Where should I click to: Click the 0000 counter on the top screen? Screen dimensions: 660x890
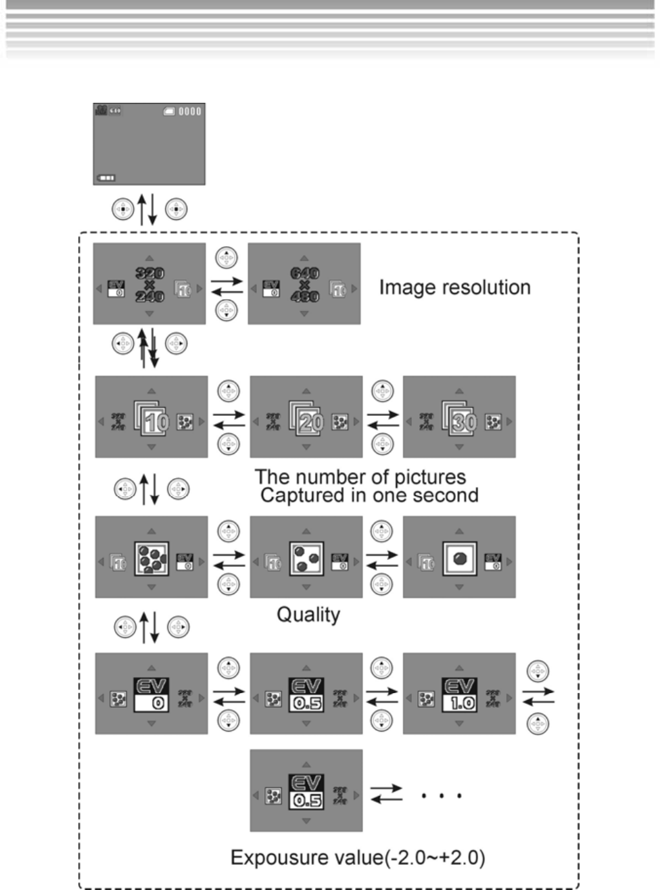190,111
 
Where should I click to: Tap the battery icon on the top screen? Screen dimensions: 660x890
106,178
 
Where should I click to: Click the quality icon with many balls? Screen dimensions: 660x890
151,558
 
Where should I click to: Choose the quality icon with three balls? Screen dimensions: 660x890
306,558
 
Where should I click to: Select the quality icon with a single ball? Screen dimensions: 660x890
459,559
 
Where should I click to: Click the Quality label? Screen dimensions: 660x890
308,615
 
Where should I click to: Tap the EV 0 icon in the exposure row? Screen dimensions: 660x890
151,694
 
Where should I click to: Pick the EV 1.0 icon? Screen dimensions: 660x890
459,694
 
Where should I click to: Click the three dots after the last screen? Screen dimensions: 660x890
441,795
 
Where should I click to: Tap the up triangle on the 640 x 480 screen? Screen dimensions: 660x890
304,258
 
